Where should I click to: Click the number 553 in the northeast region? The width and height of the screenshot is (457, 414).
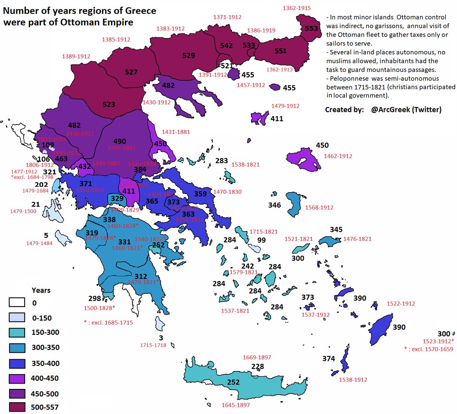pos(311,28)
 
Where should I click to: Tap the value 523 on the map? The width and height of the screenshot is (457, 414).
pos(109,104)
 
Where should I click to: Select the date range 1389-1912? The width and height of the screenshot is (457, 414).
pos(76,56)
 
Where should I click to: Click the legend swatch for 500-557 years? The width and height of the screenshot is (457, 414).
pos(17,407)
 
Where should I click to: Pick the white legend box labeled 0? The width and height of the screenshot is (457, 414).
pos(17,303)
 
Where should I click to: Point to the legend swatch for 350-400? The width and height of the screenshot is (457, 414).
pos(17,363)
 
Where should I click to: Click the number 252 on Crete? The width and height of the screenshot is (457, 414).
pos(233,382)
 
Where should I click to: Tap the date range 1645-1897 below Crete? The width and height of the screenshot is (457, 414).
pos(235,405)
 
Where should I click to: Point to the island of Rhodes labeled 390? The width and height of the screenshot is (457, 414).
pos(381,327)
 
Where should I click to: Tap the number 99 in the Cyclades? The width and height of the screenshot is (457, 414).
pos(261,240)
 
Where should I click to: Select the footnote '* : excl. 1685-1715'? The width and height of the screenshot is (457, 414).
pos(109,322)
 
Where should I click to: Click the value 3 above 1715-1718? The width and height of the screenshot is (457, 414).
pos(161,338)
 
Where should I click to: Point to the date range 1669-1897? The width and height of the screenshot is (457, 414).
pos(257,357)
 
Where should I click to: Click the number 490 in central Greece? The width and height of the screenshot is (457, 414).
pos(120,141)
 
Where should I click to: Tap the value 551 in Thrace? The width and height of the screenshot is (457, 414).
pos(280,51)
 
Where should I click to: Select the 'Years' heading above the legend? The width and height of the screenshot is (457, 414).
pos(41,290)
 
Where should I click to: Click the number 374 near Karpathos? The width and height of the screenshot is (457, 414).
pos(328,358)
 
